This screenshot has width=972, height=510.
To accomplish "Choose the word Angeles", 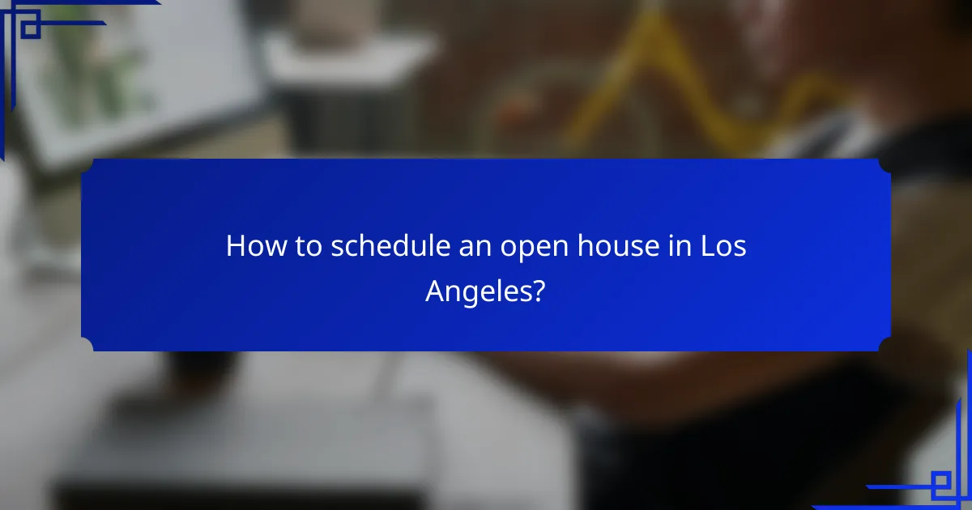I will (x=477, y=291).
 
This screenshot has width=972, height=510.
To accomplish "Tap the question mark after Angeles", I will (x=537, y=289).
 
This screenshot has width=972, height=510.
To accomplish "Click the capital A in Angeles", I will (x=436, y=289).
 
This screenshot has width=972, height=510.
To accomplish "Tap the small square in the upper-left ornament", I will (x=30, y=28).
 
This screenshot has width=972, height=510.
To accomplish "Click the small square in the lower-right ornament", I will (x=940, y=485).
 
